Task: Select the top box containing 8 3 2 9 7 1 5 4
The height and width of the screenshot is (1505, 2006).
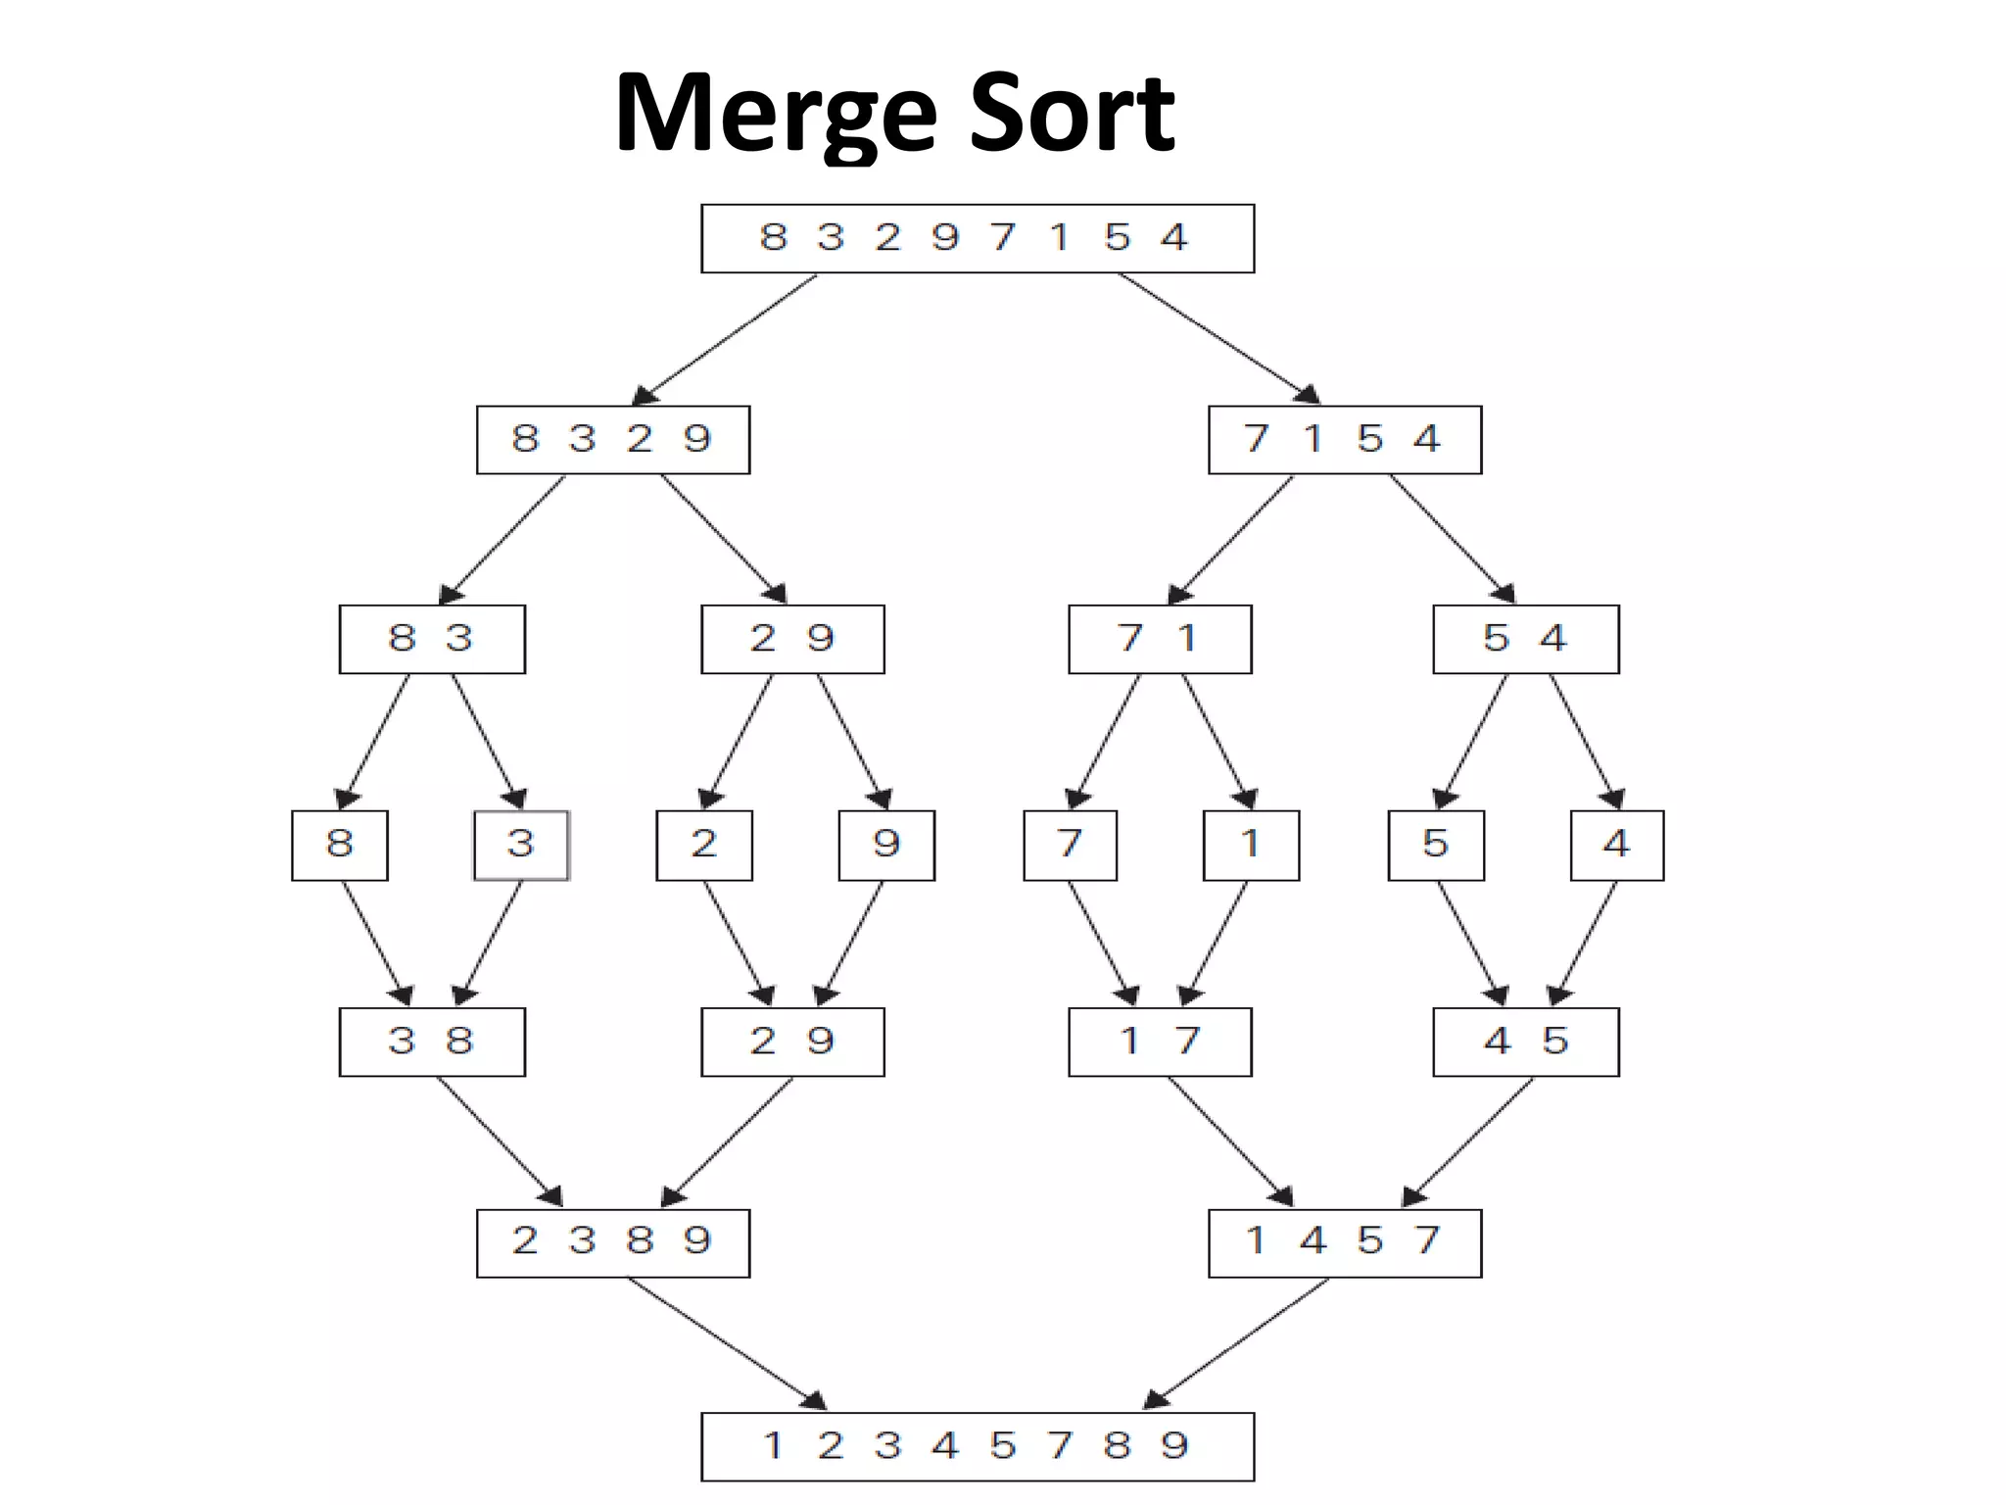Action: click(978, 238)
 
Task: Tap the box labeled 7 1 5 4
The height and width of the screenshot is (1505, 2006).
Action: click(1344, 440)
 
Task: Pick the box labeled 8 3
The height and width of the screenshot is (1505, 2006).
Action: click(432, 639)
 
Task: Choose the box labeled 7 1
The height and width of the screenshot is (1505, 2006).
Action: click(1160, 639)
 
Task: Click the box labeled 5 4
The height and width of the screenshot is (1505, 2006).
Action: click(1525, 639)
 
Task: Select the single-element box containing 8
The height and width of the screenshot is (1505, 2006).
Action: click(340, 845)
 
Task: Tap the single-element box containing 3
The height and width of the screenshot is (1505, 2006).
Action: click(521, 845)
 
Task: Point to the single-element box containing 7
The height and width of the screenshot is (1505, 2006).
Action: click(1070, 845)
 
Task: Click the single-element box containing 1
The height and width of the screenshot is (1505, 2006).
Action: click(1251, 845)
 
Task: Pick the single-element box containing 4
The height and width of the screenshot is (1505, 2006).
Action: click(1616, 845)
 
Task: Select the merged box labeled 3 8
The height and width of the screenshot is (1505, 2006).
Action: click(432, 1042)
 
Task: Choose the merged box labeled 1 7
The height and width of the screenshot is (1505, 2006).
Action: click(1160, 1042)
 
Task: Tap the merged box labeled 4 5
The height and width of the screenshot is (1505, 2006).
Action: click(1525, 1042)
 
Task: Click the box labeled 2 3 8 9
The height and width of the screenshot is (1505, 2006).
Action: click(613, 1242)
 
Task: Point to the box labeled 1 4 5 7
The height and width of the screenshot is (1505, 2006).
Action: click(1344, 1242)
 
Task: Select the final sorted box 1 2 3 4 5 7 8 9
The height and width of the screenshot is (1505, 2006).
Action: click(978, 1446)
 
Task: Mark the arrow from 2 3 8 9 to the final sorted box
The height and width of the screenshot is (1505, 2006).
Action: click(726, 1342)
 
